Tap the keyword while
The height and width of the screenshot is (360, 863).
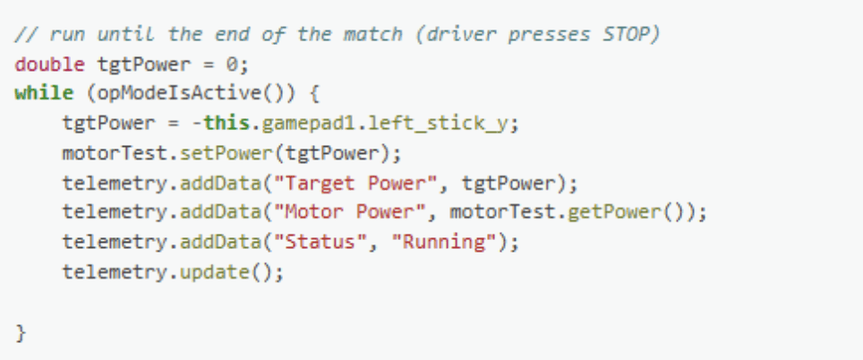pos(36,94)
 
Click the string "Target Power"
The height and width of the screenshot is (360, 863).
pos(340,183)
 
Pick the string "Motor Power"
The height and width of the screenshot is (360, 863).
pos(335,212)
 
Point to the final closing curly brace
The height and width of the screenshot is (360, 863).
pos(21,331)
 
